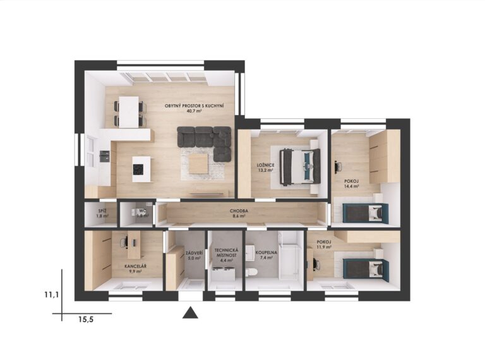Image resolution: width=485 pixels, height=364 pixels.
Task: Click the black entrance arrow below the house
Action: tap(190, 313)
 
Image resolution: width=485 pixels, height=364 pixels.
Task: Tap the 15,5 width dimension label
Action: tap(86, 320)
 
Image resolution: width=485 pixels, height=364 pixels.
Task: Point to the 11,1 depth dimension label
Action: tap(51, 294)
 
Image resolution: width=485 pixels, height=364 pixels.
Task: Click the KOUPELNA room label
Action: tap(266, 252)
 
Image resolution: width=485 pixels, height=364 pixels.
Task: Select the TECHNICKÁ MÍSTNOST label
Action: tap(226, 253)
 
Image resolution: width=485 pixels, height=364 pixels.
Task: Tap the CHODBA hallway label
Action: tap(239, 211)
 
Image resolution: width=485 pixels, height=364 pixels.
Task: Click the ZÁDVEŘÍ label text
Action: tap(195, 252)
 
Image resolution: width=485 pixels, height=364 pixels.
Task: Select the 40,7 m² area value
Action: tap(195, 111)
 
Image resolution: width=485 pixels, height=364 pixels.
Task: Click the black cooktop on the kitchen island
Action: tap(138, 169)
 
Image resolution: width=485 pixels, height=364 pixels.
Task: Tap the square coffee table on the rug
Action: tap(198, 164)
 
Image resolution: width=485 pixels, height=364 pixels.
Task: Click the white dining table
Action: tap(129, 112)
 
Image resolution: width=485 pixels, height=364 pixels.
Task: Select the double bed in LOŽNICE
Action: tap(299, 167)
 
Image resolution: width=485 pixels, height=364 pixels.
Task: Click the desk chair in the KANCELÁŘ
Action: tap(123, 243)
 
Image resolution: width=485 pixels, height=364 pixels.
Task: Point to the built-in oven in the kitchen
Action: tap(105, 156)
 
